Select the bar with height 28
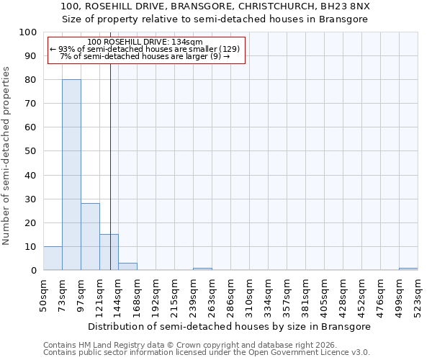[x=90, y=237]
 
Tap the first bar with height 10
[x=53, y=258]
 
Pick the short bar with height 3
[x=127, y=266]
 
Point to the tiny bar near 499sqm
[x=408, y=269]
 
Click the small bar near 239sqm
[x=202, y=269]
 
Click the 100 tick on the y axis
[x=28, y=32]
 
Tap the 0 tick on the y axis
[x=34, y=271]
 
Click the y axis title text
[x=6, y=156]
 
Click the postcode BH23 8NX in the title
[x=346, y=6]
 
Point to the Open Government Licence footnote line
[x=207, y=352]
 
